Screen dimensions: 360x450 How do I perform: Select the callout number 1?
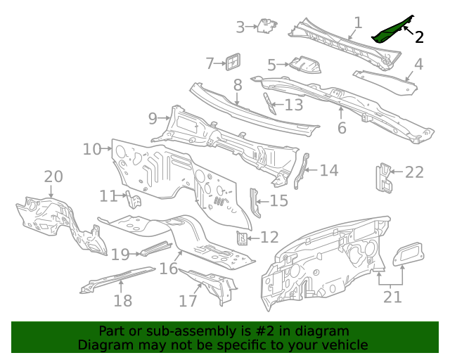click(358, 22)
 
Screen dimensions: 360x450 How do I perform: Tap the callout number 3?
click(240, 27)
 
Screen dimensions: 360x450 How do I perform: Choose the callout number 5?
click(272, 65)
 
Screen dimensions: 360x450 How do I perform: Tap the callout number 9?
click(153, 118)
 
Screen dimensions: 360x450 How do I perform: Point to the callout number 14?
click(329, 170)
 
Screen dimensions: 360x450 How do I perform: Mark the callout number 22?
click(415, 172)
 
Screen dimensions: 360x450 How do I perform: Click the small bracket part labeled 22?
click(383, 179)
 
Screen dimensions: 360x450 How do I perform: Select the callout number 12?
click(269, 238)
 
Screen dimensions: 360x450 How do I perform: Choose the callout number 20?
click(53, 176)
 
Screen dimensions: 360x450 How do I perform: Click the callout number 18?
click(122, 301)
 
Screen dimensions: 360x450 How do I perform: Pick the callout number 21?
click(392, 297)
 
